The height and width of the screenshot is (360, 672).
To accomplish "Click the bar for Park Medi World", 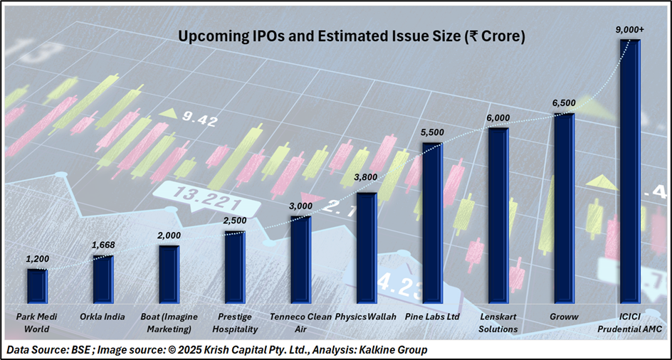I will point(37,286).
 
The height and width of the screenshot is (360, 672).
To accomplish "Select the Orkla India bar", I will point(103,279).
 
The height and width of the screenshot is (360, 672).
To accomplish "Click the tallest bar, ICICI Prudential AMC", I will point(629,171).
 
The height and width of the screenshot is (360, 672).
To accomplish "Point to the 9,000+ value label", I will point(629,29).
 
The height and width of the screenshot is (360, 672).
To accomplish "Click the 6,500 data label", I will point(564,103).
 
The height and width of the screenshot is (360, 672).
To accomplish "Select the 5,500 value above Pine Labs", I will point(432,132).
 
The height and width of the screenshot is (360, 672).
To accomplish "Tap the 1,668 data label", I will point(103,245).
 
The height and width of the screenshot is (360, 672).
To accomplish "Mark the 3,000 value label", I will point(300,206).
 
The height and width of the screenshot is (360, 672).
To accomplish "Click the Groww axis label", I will point(564,316).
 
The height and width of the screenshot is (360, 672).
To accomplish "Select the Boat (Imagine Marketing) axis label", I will point(169,322).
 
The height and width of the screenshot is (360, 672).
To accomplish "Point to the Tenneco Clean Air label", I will point(300,322).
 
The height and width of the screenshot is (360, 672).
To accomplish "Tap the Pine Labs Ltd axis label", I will point(432,316).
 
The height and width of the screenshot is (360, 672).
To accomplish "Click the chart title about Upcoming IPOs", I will point(352,36).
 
